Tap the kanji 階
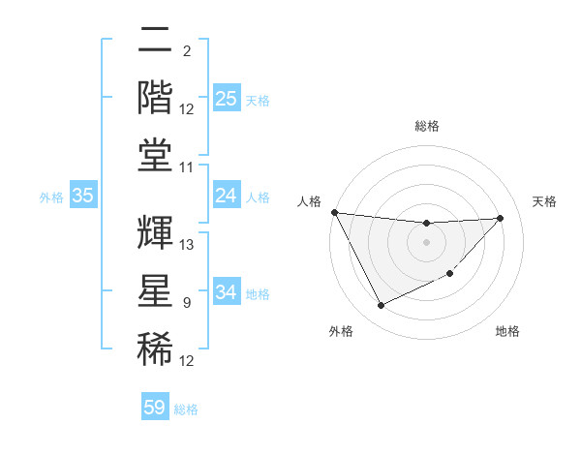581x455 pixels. click(156, 98)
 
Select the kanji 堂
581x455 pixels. click(156, 155)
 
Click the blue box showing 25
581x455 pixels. click(226, 99)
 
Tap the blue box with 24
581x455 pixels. click(226, 197)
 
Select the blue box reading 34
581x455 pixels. click(226, 292)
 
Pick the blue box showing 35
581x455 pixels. click(82, 197)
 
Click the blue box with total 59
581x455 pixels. click(155, 408)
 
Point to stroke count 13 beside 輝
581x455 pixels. click(188, 245)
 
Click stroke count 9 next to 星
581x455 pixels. click(186, 303)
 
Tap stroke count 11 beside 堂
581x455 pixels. click(188, 167)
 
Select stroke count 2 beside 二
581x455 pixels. click(186, 51)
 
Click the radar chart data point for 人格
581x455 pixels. click(335, 212)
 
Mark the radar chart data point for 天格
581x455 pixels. click(501, 218)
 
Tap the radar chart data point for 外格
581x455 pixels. click(381, 306)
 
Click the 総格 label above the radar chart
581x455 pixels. click(426, 126)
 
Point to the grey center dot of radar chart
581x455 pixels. click(426, 242)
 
